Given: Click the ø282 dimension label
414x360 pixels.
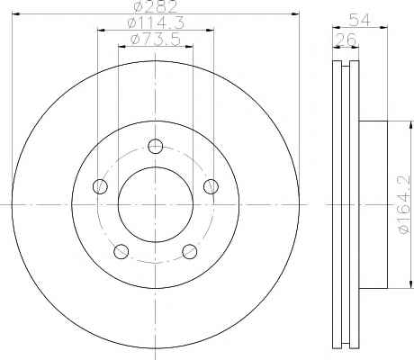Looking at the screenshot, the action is click(x=156, y=6).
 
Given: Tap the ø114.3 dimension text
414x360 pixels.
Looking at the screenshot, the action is click(x=156, y=23).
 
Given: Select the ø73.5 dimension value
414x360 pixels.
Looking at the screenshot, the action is click(x=156, y=40).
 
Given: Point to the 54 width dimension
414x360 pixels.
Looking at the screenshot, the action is click(x=360, y=21).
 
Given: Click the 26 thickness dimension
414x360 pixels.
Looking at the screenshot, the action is click(x=346, y=40).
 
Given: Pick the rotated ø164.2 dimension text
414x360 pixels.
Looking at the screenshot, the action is click(x=404, y=204).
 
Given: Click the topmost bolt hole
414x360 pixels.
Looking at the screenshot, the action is click(x=156, y=147).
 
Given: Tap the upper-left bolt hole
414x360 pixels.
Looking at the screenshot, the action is click(x=100, y=186).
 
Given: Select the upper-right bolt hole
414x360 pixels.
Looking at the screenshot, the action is click(x=211, y=186).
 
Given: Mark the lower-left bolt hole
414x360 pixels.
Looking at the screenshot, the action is click(x=121, y=251).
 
